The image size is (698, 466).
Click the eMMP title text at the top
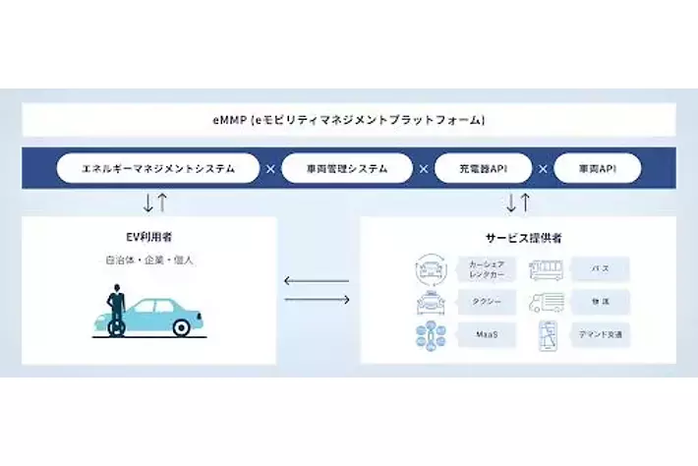pos(350,120)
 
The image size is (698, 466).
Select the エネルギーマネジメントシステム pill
pos(158,168)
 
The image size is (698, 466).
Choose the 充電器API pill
pos(482,168)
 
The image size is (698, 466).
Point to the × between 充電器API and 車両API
pos(541,168)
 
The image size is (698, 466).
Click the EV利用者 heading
pos(148,236)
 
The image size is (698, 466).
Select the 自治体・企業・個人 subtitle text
pos(148,261)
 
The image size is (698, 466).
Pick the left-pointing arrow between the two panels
pos(317,281)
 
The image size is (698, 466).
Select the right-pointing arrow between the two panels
pos(317,299)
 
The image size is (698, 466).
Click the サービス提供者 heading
pos(517,236)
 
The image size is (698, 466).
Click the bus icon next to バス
pos(548,268)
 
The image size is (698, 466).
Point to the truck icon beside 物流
pos(548,303)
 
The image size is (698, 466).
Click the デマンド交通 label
pos(599,336)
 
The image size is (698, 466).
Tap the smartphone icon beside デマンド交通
pos(547,336)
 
